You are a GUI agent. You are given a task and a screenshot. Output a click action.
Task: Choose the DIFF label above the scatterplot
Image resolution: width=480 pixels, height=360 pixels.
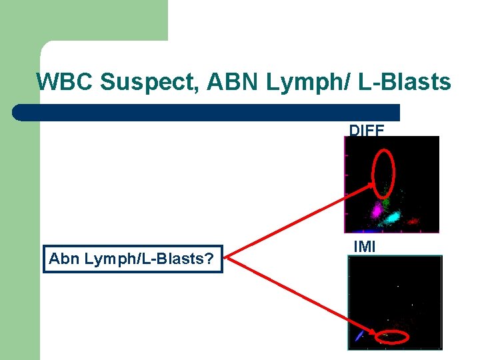click(x=367, y=131)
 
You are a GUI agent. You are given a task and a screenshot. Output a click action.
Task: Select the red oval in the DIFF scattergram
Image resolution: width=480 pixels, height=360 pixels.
click(x=383, y=172)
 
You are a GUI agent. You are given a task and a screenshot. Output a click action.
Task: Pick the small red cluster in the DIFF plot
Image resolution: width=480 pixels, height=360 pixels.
click(x=413, y=221)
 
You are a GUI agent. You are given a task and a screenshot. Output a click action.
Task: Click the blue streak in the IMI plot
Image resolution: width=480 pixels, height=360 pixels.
click(x=359, y=335)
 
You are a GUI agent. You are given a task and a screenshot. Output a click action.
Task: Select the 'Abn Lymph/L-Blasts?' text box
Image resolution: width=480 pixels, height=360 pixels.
click(x=133, y=258)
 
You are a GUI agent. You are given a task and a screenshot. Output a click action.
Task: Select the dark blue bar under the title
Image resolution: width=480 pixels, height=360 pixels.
click(x=207, y=112)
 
